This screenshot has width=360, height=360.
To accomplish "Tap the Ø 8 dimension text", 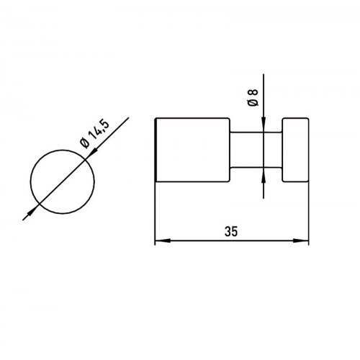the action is [253, 97].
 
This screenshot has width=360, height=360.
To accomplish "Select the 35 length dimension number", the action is [231, 231].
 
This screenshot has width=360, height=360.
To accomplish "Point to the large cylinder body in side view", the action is [192, 150].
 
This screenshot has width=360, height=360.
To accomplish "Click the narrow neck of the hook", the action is [256, 150].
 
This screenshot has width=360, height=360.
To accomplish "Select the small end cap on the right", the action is [295, 150].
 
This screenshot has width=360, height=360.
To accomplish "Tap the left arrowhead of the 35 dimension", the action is [163, 240].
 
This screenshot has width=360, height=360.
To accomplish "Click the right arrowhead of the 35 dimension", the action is [301, 240].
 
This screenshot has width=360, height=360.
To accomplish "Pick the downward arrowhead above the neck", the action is [264, 125].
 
